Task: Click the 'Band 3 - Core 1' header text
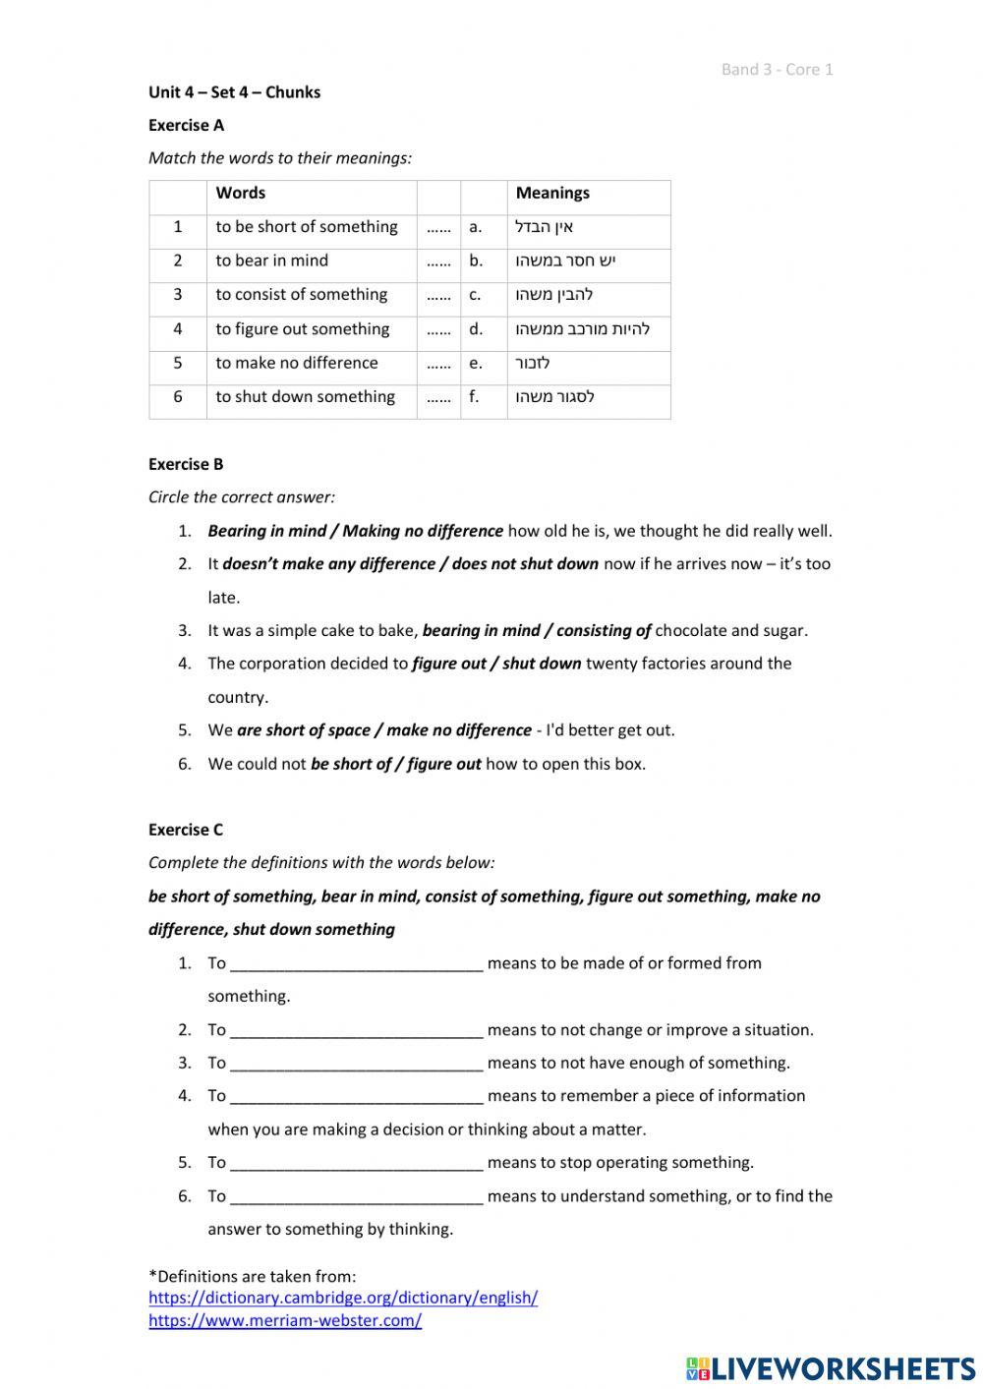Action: [x=777, y=69]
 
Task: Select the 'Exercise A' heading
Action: [x=186, y=125]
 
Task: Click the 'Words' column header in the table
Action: [x=240, y=193]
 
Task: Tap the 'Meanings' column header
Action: [x=552, y=193]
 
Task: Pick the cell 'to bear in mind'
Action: [x=271, y=260]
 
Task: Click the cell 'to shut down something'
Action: [x=305, y=396]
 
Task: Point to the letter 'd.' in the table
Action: [x=476, y=328]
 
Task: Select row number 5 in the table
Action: [x=178, y=363]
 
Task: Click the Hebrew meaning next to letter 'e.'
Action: [x=533, y=363]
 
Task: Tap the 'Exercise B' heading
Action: [x=186, y=464]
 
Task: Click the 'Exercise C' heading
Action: [x=186, y=830]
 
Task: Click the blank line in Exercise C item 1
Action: [x=356, y=964]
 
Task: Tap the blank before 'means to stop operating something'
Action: [x=356, y=1164]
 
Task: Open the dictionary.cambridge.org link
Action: [x=343, y=1298]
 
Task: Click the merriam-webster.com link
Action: [x=285, y=1320]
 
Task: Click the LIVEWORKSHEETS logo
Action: [x=831, y=1368]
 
